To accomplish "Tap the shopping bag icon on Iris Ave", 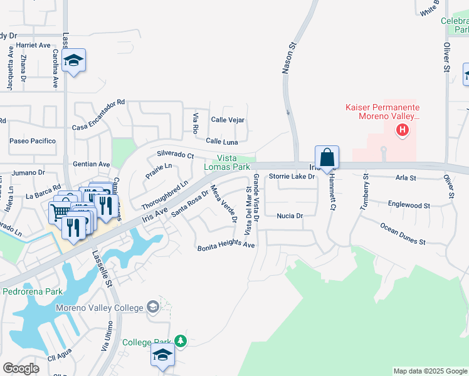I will pos(327,157).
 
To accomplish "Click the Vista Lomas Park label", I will pos(226,163).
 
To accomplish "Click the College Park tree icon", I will pos(181,341).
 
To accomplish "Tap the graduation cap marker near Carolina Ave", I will pos(74,60).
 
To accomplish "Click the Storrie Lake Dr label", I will pos(292,177).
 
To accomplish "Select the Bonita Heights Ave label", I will pos(226,246).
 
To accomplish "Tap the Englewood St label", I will pos(409,205).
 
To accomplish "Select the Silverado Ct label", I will pos(176,154).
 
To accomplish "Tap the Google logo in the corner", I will pos(21,368).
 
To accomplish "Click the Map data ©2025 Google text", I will pos(429,371).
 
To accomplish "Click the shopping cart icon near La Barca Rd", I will pos(59,213).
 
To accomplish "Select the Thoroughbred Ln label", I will pos(164,196).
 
